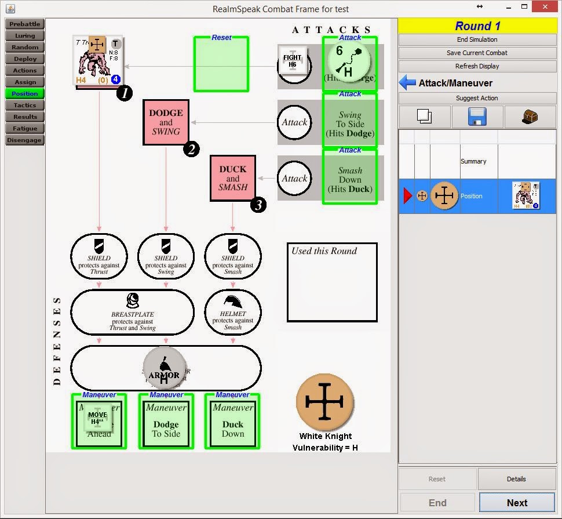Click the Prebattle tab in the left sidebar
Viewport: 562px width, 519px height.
pyautogui.click(x=25, y=24)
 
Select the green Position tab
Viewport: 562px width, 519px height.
pyautogui.click(x=25, y=93)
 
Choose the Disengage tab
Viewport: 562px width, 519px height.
pyautogui.click(x=25, y=140)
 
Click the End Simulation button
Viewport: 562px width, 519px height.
pyautogui.click(x=477, y=39)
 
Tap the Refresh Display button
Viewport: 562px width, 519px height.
pyautogui.click(x=477, y=66)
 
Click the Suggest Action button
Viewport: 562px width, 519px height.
pyautogui.click(x=477, y=98)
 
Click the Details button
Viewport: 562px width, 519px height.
pyautogui.click(x=516, y=479)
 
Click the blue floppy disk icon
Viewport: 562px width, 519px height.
pyautogui.click(x=477, y=117)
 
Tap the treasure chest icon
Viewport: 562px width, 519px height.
pyautogui.click(x=530, y=117)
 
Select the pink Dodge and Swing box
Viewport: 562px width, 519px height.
pyautogui.click(x=166, y=122)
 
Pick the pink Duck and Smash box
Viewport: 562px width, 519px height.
pyautogui.click(x=232, y=178)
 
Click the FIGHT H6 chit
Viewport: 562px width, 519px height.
pyautogui.click(x=292, y=61)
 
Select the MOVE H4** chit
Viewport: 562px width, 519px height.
pyautogui.click(x=97, y=418)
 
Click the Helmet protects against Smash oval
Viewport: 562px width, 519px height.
pyautogui.click(x=232, y=313)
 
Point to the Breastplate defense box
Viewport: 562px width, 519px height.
pyautogui.click(x=133, y=313)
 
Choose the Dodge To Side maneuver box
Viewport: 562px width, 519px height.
pyautogui.click(x=166, y=424)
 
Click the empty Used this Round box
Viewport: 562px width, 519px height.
pyautogui.click(x=332, y=282)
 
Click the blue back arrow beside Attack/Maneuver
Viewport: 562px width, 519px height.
pyautogui.click(x=407, y=83)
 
